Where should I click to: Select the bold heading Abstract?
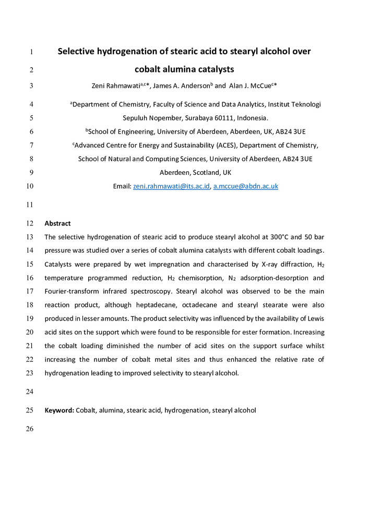[57, 223]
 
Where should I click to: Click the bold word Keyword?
[59, 410]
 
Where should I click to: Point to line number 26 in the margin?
[29, 429]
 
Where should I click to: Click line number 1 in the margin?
[31, 52]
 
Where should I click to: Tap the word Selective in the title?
[80, 51]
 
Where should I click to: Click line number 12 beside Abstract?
[29, 223]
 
